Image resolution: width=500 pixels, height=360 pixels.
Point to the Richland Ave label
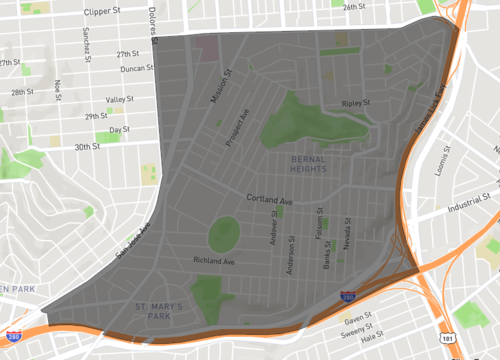[x=214, y=262]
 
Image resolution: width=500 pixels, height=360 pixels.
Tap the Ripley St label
[x=355, y=103]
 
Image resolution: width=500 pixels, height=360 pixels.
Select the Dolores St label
[x=154, y=28]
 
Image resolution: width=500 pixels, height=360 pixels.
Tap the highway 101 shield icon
[x=444, y=339]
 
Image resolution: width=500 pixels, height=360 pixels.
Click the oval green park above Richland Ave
[x=224, y=235]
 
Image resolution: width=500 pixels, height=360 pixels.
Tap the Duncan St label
[x=135, y=69]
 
